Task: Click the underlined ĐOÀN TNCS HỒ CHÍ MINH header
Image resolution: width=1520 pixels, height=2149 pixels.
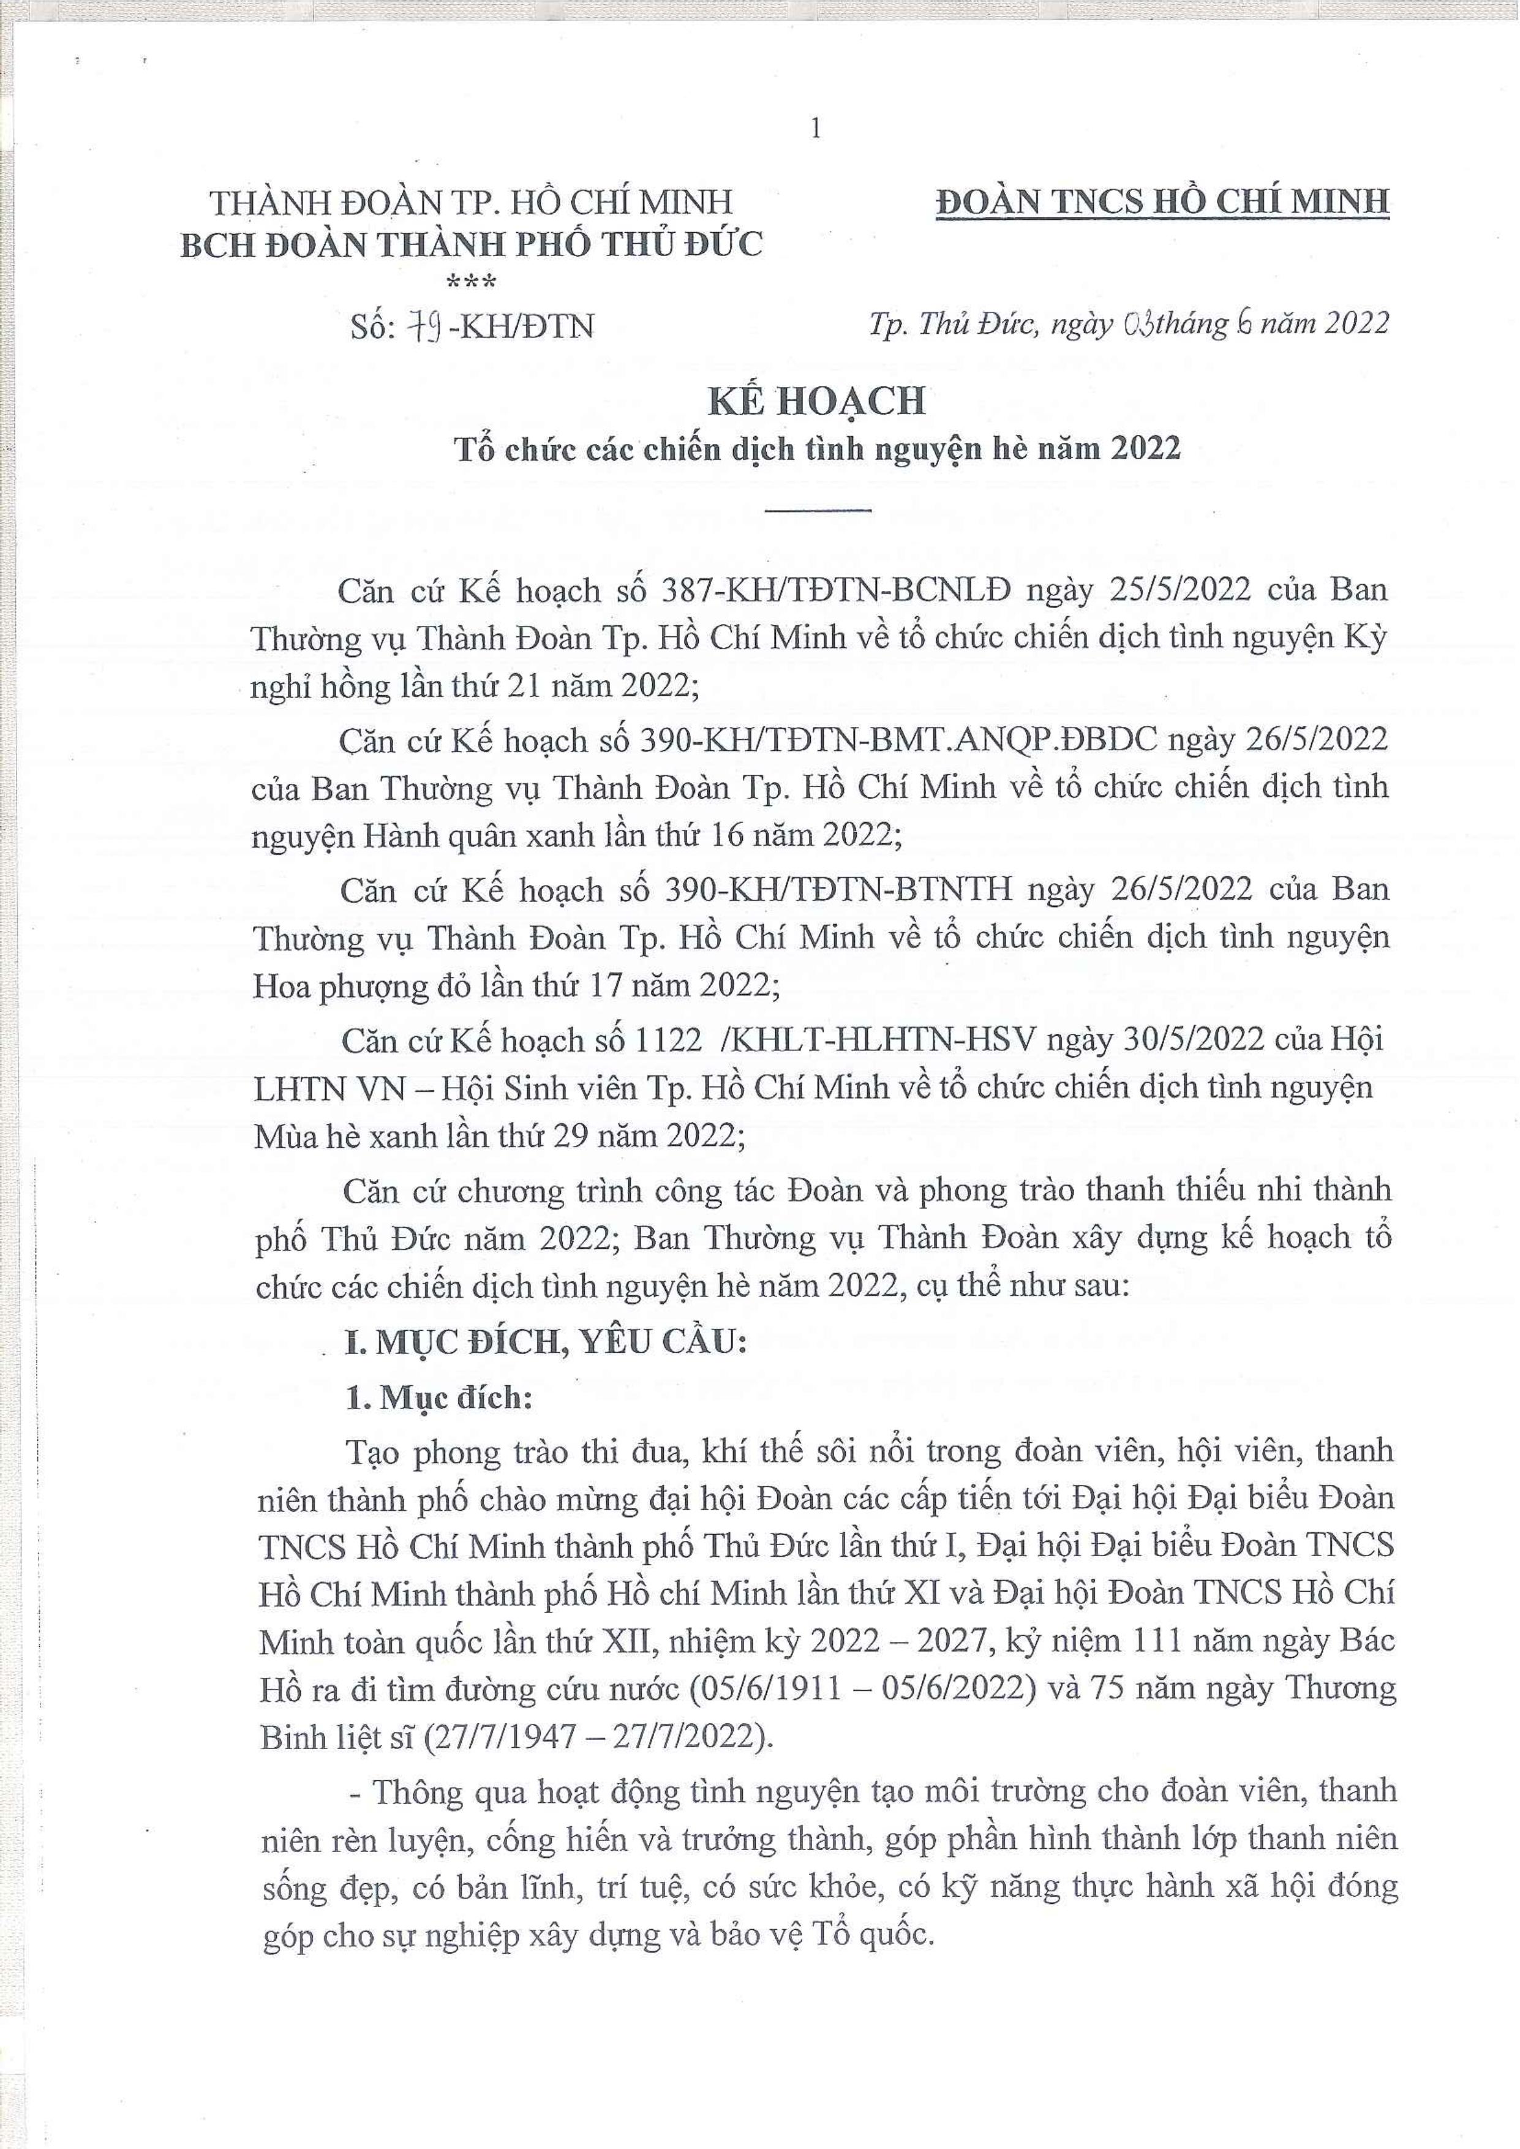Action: coord(1162,202)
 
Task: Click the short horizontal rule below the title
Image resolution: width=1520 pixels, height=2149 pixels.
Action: coord(817,510)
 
